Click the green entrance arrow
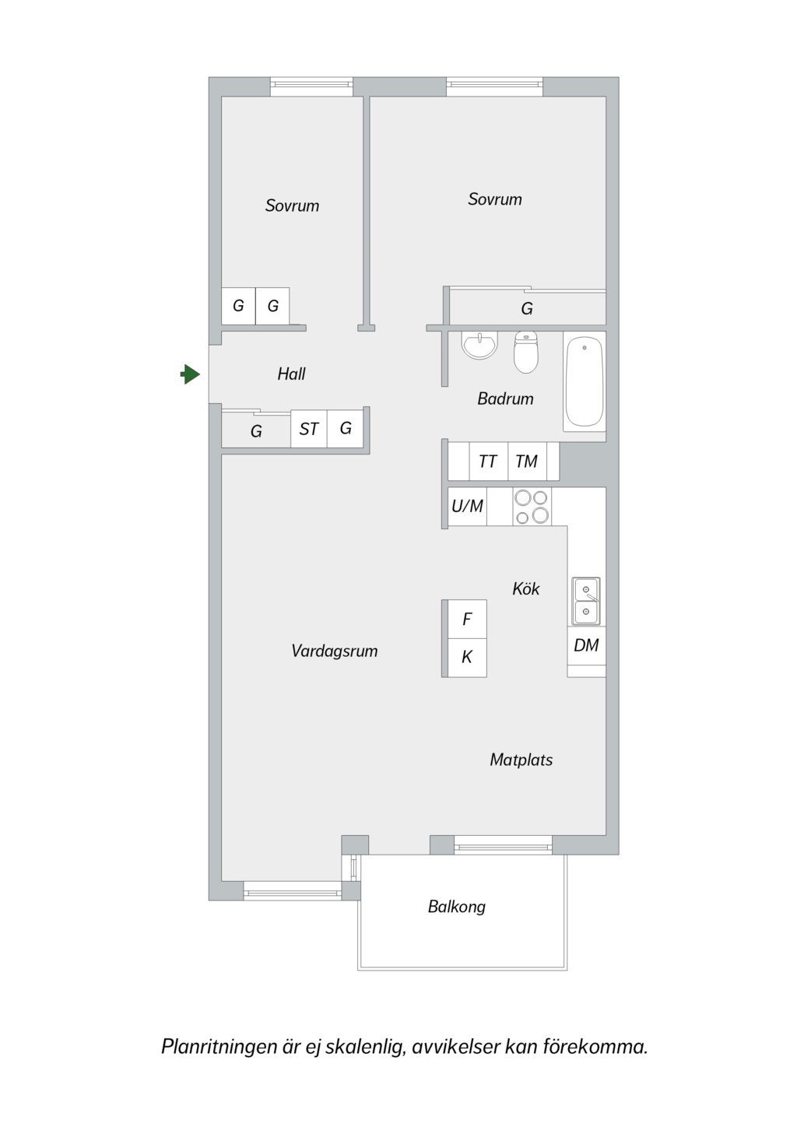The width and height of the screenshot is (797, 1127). [190, 374]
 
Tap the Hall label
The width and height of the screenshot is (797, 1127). [291, 374]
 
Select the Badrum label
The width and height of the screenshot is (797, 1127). [505, 398]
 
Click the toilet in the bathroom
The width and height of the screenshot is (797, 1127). [526, 352]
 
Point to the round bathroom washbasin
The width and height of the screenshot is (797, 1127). [479, 345]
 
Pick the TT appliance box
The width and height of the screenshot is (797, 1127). [488, 462]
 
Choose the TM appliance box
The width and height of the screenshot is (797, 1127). [527, 462]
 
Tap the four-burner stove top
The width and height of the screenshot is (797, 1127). [532, 507]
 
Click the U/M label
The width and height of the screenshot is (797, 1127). [467, 506]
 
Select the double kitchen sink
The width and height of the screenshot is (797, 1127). [586, 601]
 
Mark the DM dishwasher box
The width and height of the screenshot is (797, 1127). [587, 645]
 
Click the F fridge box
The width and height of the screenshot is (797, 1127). [467, 620]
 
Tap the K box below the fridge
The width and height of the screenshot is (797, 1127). [467, 658]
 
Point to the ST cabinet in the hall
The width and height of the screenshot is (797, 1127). [309, 429]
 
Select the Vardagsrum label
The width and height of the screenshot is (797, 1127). [334, 651]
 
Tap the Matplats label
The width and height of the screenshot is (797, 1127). [521, 759]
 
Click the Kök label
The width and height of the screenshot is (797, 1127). [526, 588]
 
